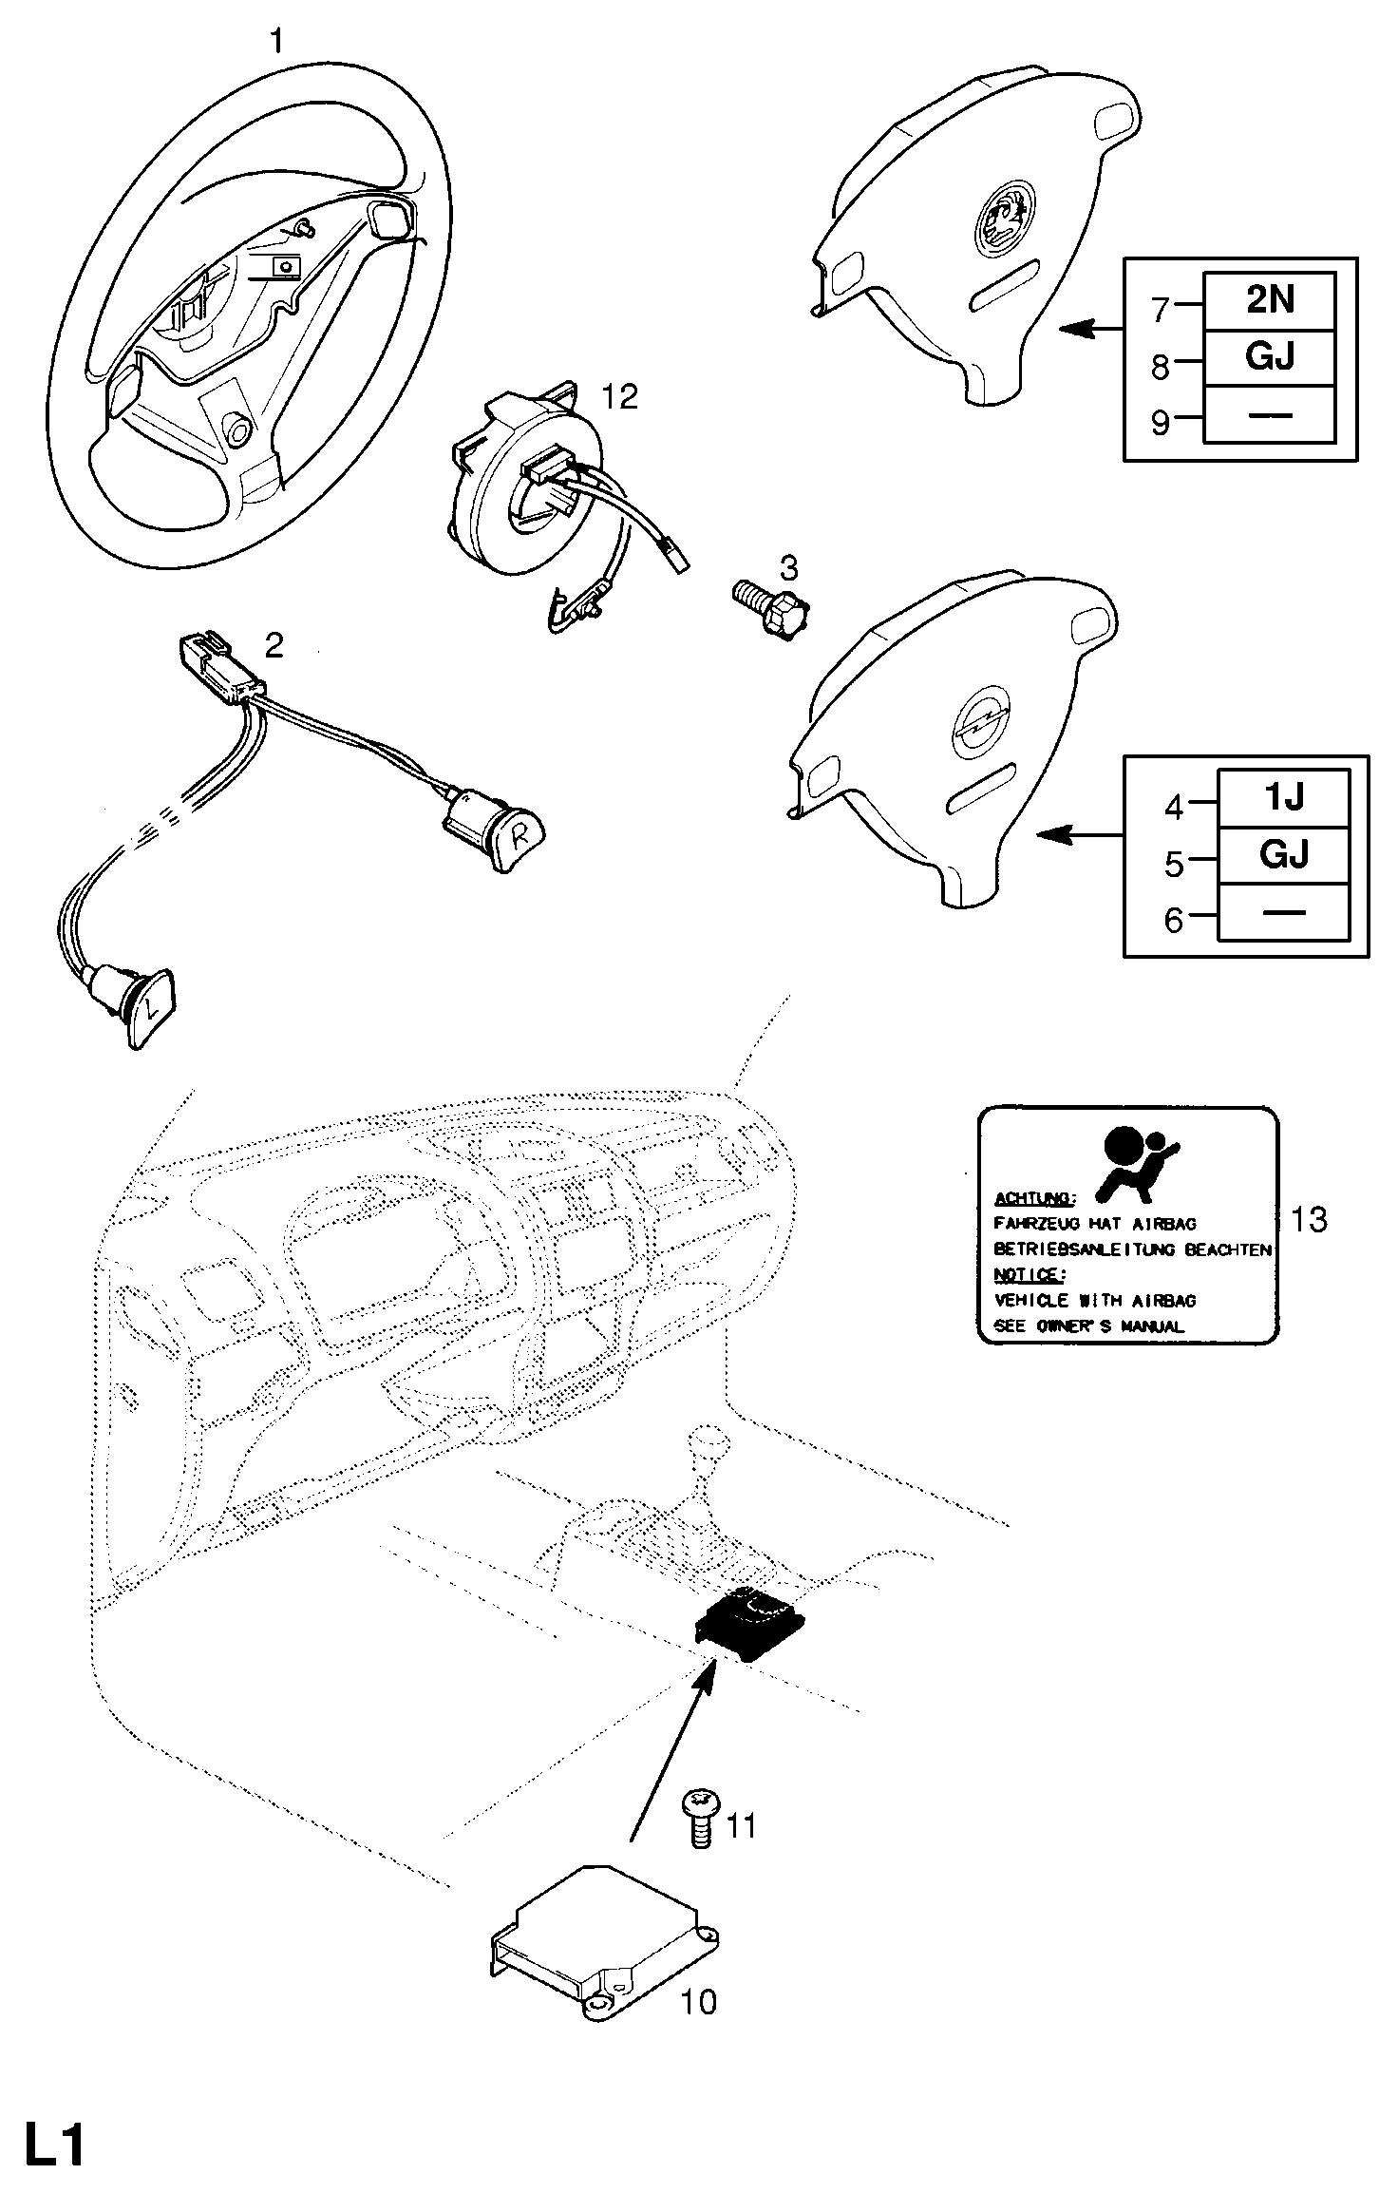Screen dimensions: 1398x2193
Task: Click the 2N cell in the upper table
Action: coord(1269,301)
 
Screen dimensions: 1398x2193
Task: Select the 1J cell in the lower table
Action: coord(1283,798)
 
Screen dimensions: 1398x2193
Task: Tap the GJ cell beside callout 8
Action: coord(1269,358)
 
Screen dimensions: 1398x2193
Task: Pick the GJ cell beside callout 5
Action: coord(1283,855)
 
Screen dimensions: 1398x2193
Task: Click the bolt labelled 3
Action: coord(770,606)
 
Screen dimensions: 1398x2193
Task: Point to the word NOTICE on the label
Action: coord(1030,1274)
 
